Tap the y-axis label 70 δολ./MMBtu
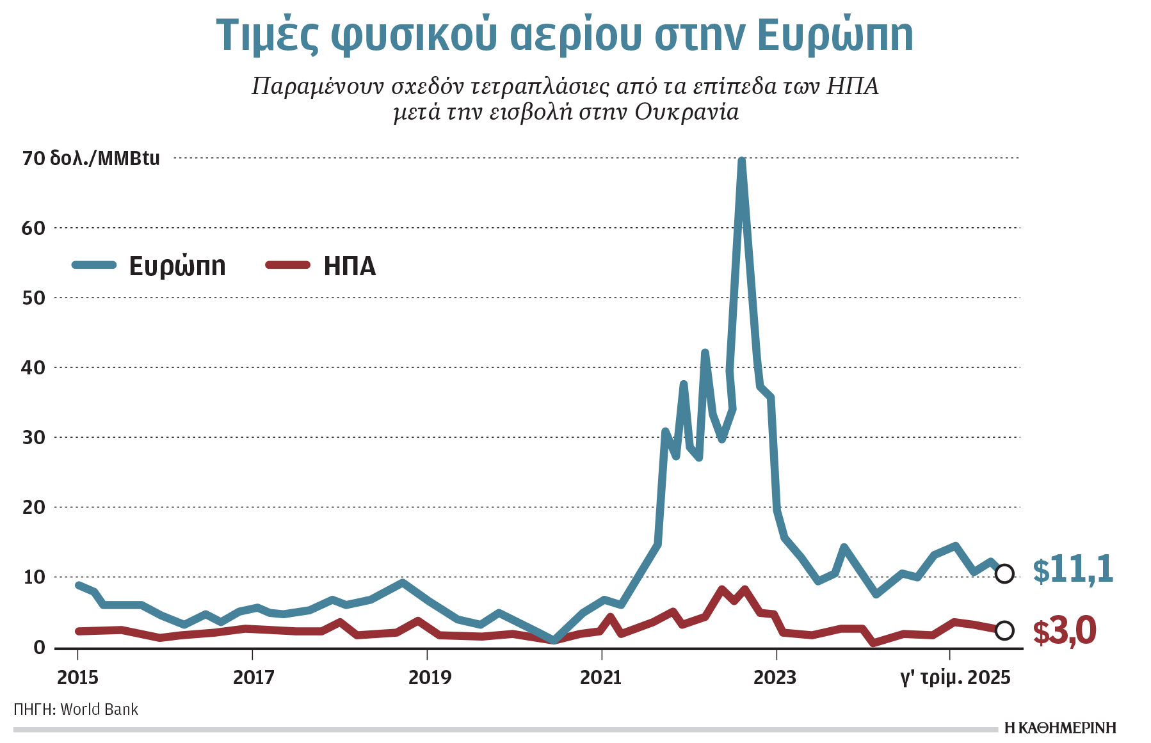click(x=91, y=158)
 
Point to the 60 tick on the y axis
click(x=33, y=228)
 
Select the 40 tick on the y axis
click(x=33, y=368)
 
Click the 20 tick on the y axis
click(x=33, y=507)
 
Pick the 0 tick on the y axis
click(x=39, y=648)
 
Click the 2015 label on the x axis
click(x=77, y=677)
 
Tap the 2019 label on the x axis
click(x=429, y=677)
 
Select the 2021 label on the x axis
click(x=600, y=677)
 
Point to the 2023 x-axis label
click(x=775, y=677)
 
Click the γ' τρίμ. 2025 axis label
click(x=955, y=677)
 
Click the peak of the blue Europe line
click(x=741, y=161)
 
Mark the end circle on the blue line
click(x=1004, y=573)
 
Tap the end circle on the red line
click(x=1004, y=630)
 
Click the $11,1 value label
click(x=1073, y=570)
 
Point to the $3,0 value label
click(x=1064, y=631)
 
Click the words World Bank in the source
click(x=99, y=709)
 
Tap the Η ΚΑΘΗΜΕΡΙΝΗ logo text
click(x=1060, y=728)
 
